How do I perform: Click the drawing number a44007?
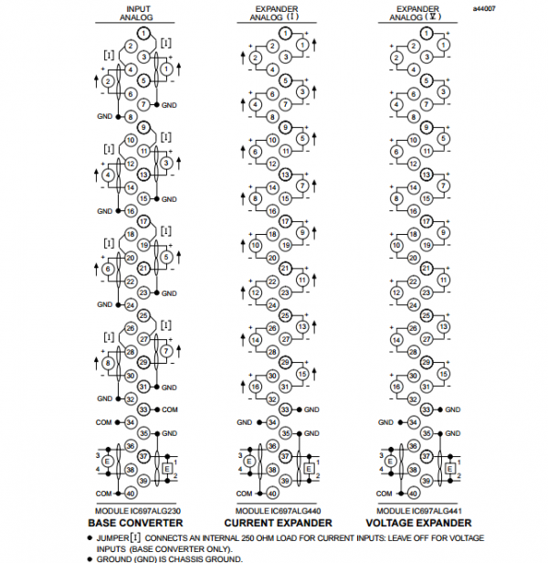click(484, 8)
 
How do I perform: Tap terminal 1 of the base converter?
click(143, 33)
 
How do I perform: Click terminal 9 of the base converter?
click(143, 128)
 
